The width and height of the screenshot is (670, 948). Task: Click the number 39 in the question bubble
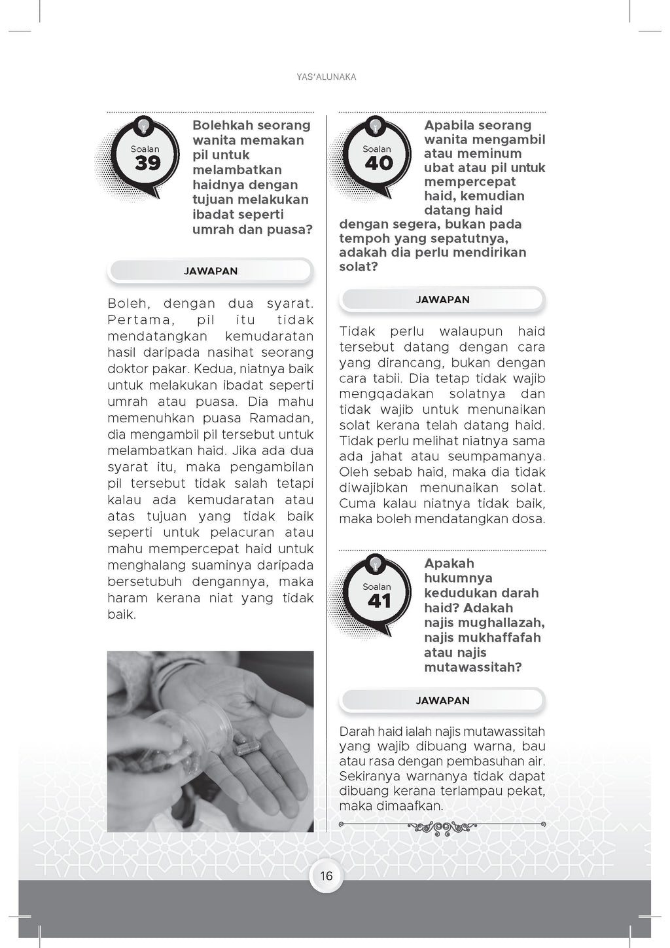(x=147, y=163)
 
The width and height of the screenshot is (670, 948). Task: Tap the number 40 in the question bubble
(x=379, y=163)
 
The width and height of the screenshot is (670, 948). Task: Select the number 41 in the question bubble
(x=379, y=601)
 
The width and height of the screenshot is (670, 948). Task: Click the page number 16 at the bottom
(x=326, y=876)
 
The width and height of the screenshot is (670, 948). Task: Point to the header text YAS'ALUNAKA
(x=326, y=77)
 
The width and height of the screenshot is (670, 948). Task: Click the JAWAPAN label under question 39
(x=211, y=271)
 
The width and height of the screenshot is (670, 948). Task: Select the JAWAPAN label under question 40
(x=442, y=299)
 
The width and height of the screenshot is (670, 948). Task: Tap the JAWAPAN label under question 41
(x=442, y=701)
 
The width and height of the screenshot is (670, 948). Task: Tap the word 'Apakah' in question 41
(x=449, y=563)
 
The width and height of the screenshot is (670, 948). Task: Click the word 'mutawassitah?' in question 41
(x=472, y=667)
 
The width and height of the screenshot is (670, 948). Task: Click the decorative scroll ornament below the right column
(x=442, y=828)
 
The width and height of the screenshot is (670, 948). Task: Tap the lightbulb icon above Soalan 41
(x=376, y=563)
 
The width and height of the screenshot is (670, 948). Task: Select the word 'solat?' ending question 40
(x=359, y=266)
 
